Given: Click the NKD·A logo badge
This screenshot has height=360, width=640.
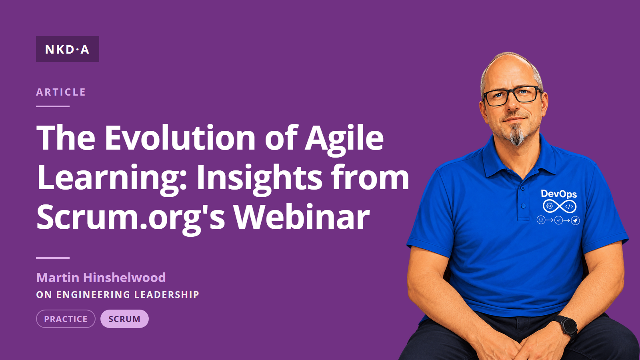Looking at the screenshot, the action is [68, 49].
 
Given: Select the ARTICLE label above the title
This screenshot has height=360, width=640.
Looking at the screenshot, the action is [61, 92].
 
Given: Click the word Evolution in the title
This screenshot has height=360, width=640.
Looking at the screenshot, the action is [180, 138].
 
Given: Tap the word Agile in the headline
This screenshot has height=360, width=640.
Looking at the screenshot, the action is [344, 140].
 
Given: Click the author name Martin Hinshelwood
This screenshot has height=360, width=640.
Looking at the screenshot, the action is [101, 278].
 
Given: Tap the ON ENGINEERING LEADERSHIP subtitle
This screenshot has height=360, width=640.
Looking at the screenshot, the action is [118, 294].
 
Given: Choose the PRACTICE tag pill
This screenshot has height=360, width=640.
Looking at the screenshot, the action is [66, 319].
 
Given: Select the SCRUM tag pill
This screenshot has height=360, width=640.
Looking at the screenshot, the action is [124, 319].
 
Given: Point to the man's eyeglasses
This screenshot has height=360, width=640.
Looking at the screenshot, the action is [512, 96].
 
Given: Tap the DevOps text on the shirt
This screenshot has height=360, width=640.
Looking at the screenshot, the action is [559, 194].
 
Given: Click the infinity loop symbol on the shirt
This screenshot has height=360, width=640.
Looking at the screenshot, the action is [560, 206].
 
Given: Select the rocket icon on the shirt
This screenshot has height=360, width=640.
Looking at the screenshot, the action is [575, 220].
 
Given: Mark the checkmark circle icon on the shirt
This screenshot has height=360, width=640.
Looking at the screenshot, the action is [558, 220].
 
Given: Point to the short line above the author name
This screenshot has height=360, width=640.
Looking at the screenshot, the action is [52, 258].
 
